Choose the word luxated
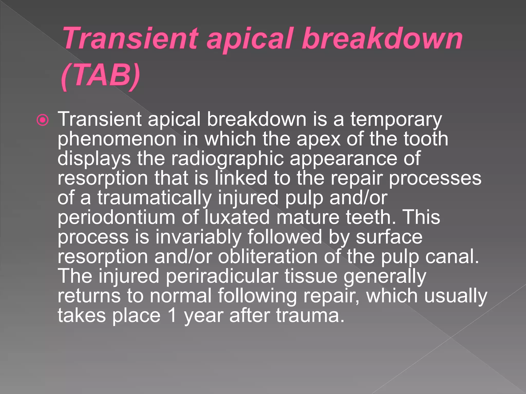coord(238,217)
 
